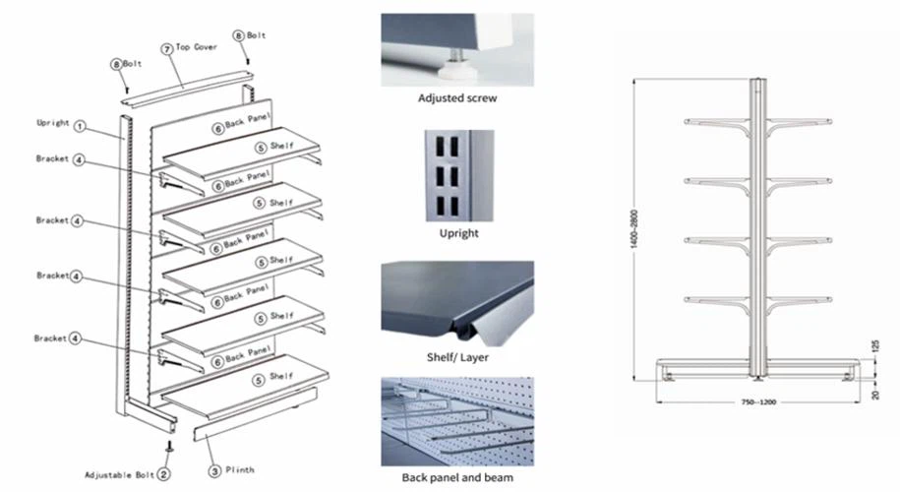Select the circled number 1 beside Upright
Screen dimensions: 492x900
point(80,127)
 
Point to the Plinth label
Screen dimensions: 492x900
point(239,470)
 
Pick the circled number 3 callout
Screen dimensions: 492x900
point(213,469)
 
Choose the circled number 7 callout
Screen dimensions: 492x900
point(167,47)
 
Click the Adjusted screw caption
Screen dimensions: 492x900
point(457,98)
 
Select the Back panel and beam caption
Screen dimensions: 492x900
point(457,478)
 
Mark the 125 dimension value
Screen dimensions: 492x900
point(873,345)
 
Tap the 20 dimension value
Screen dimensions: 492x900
point(873,394)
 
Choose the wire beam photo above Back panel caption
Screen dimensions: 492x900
point(457,421)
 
